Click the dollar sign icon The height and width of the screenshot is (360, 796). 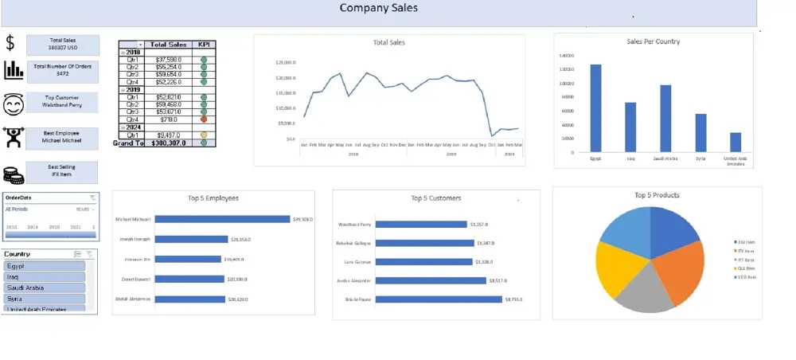tap(10, 43)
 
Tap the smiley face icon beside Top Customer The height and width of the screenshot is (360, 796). tap(13, 104)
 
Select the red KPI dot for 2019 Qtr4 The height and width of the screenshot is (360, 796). tap(204, 119)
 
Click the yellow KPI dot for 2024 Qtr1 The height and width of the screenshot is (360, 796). tap(204, 135)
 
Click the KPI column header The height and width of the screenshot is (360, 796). tap(204, 45)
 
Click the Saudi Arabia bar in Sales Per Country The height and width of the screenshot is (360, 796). tap(665, 118)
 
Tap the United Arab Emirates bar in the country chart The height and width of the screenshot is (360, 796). tap(735, 142)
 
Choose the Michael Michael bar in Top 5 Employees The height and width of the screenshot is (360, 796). tap(222, 219)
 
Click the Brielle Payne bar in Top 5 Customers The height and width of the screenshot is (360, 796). tap(439, 299)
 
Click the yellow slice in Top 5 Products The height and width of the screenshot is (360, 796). tap(616, 267)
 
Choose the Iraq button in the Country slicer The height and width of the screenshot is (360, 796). tap(45, 277)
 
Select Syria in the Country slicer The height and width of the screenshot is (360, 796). tap(45, 298)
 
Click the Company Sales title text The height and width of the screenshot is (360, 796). tap(378, 9)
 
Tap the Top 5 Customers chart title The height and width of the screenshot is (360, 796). tap(435, 198)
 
